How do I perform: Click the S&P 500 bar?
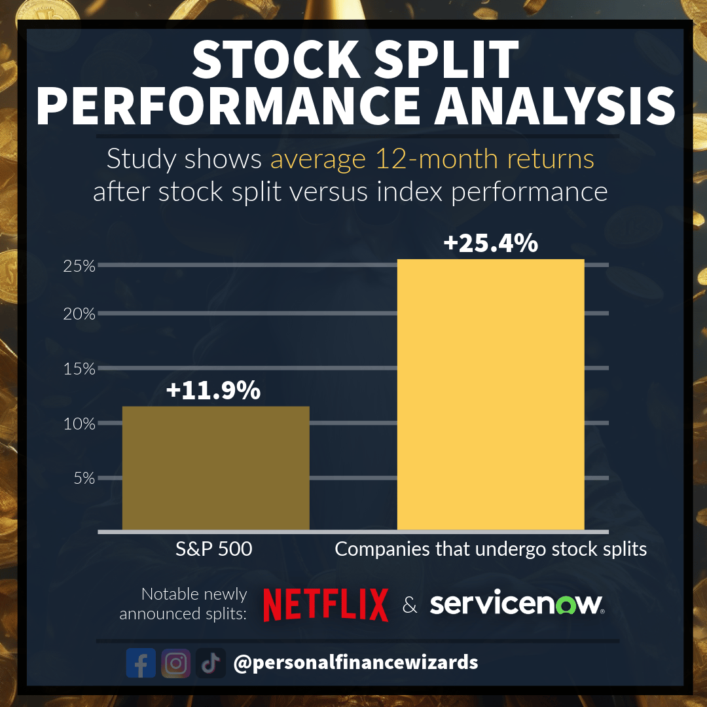pyautogui.click(x=215, y=467)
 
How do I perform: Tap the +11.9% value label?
pyautogui.click(x=213, y=391)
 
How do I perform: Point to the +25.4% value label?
pyautogui.click(x=490, y=244)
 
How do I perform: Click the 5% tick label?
pyautogui.click(x=82, y=479)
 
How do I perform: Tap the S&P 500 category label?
pyautogui.click(x=214, y=549)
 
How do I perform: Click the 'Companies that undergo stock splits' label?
pyautogui.click(x=490, y=549)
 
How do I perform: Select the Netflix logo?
pyautogui.click(x=325, y=604)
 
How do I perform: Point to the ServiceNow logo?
pyautogui.click(x=517, y=604)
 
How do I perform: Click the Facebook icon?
pyautogui.click(x=141, y=663)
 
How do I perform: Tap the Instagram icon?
pyautogui.click(x=175, y=663)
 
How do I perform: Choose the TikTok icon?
pyautogui.click(x=210, y=663)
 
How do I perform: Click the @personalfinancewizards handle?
pyautogui.click(x=355, y=662)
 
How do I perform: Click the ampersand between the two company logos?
pyautogui.click(x=410, y=606)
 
